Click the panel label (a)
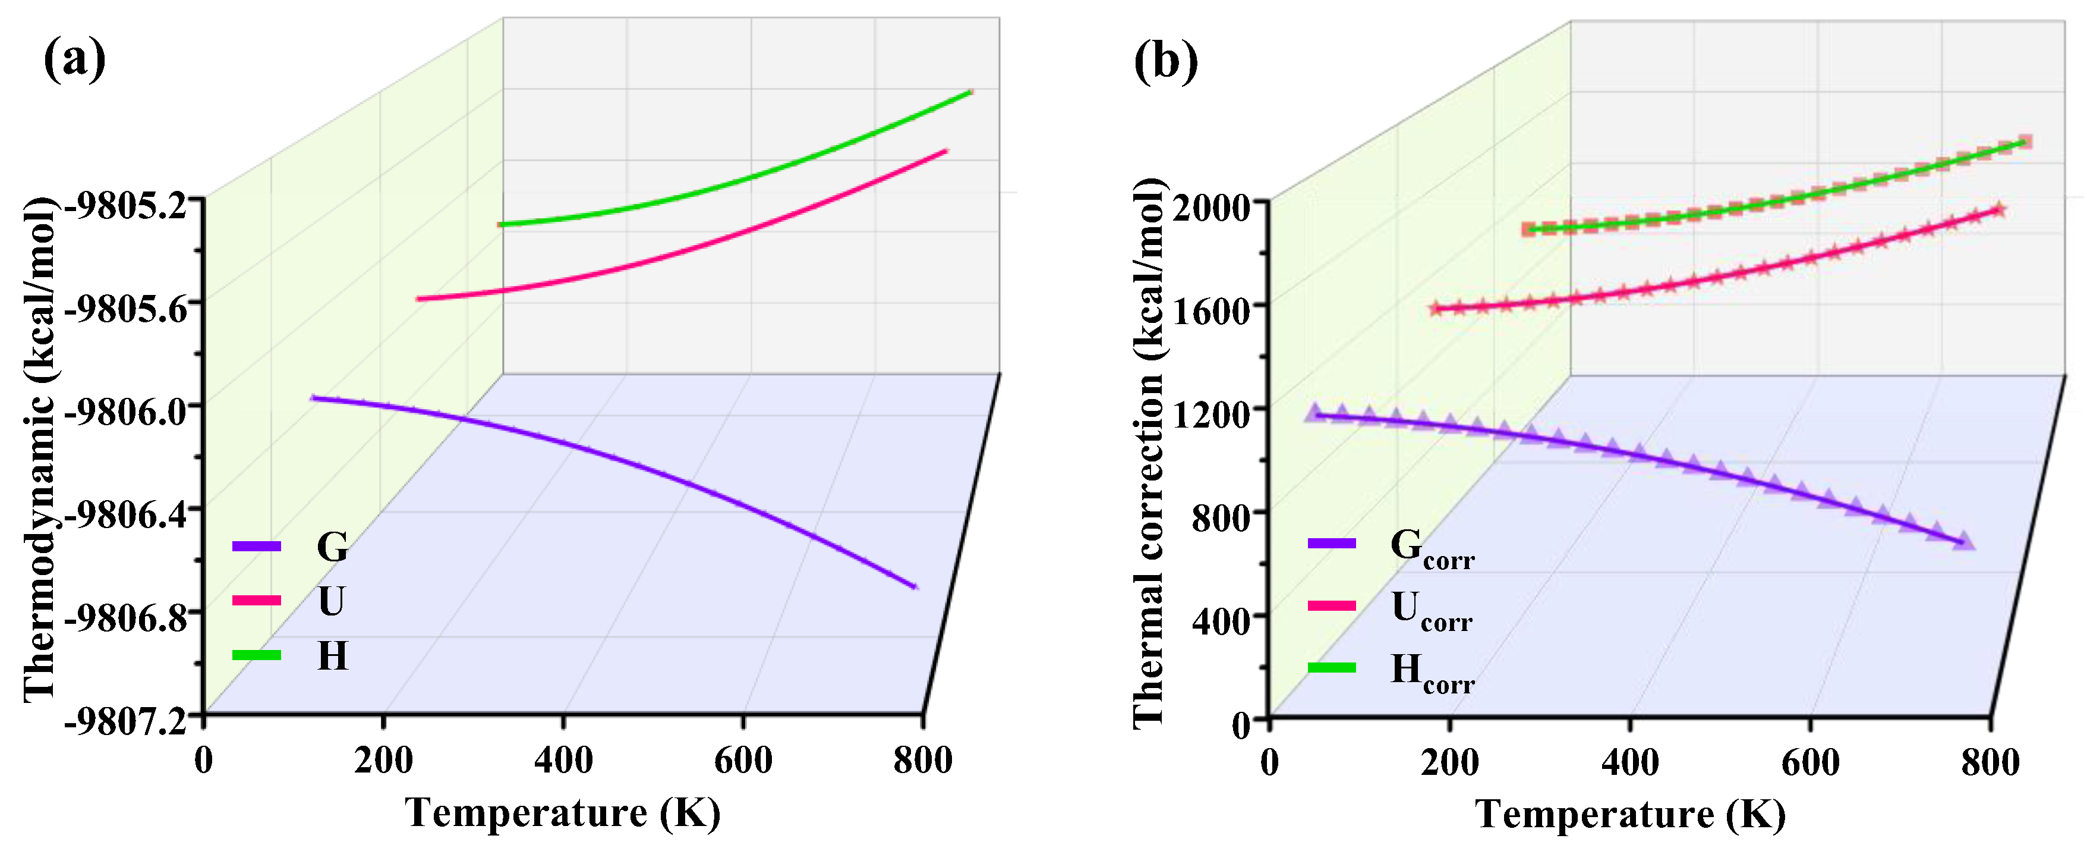pos(74,59)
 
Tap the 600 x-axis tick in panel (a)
pos(742,760)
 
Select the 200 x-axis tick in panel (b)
pos(1449,762)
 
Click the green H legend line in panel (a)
pos(256,655)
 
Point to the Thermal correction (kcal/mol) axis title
pos(1148,454)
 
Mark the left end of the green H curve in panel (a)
pos(502,225)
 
